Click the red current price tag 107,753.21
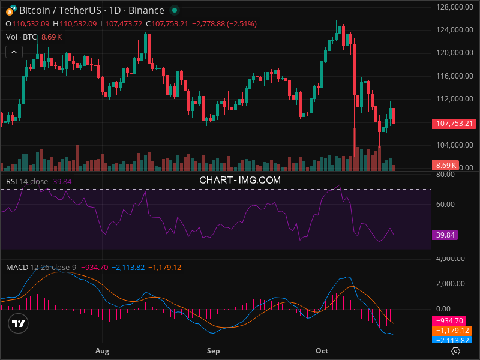pyautogui.click(x=453, y=124)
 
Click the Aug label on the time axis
pyautogui.click(x=102, y=350)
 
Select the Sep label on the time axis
pyautogui.click(x=213, y=350)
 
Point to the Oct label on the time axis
pyautogui.click(x=322, y=350)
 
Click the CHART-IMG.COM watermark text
pyautogui.click(x=240, y=179)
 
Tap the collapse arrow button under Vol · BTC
pyautogui.click(x=14, y=52)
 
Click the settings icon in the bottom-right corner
pyautogui.click(x=456, y=351)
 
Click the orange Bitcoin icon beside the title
pyautogui.click(x=10, y=10)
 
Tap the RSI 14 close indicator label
pyautogui.click(x=27, y=181)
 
